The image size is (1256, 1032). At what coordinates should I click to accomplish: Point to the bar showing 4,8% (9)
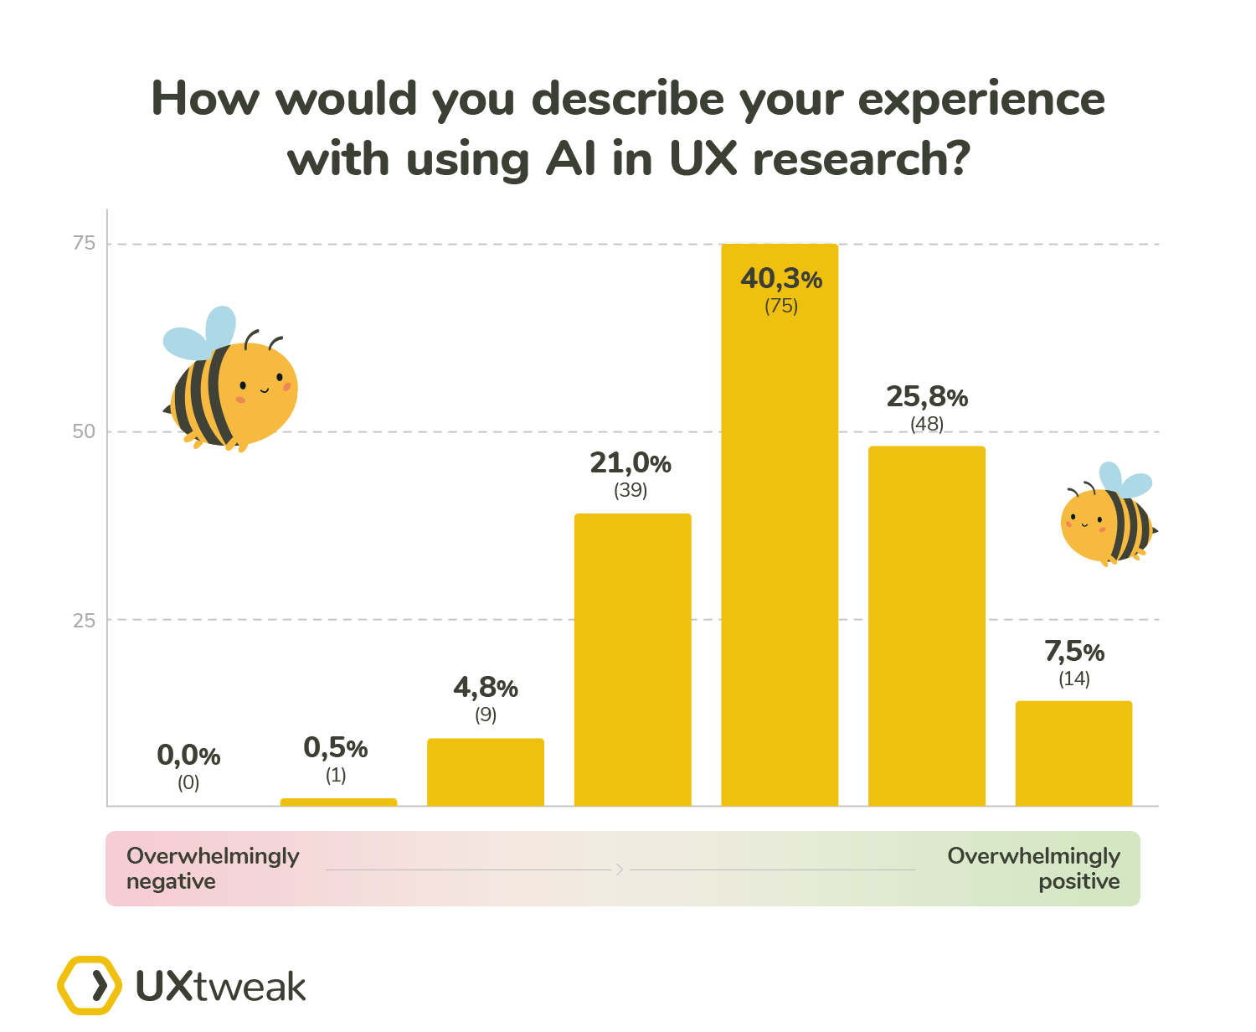click(x=486, y=771)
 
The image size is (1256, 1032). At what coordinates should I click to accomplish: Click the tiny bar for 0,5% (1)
click(x=338, y=802)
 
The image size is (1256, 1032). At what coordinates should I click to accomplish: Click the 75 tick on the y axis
click(x=84, y=243)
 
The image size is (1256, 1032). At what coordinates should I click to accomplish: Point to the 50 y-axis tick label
click(x=84, y=431)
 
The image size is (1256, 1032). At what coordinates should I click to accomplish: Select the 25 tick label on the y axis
click(x=84, y=620)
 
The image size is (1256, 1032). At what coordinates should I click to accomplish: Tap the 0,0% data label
click(x=188, y=756)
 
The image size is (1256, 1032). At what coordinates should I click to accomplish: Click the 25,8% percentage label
click(x=927, y=396)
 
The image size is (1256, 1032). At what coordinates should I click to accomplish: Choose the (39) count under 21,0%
click(x=631, y=490)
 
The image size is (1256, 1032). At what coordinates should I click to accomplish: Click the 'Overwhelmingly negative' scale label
click(x=213, y=868)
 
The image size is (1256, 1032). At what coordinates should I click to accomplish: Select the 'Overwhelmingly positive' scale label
click(x=1034, y=868)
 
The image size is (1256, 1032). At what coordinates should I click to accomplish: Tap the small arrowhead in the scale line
click(x=620, y=869)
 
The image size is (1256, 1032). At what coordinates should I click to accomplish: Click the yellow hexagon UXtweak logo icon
click(x=90, y=985)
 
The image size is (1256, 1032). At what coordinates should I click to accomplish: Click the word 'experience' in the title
click(x=981, y=99)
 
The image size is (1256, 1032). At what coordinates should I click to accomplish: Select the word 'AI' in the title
click(x=571, y=158)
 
